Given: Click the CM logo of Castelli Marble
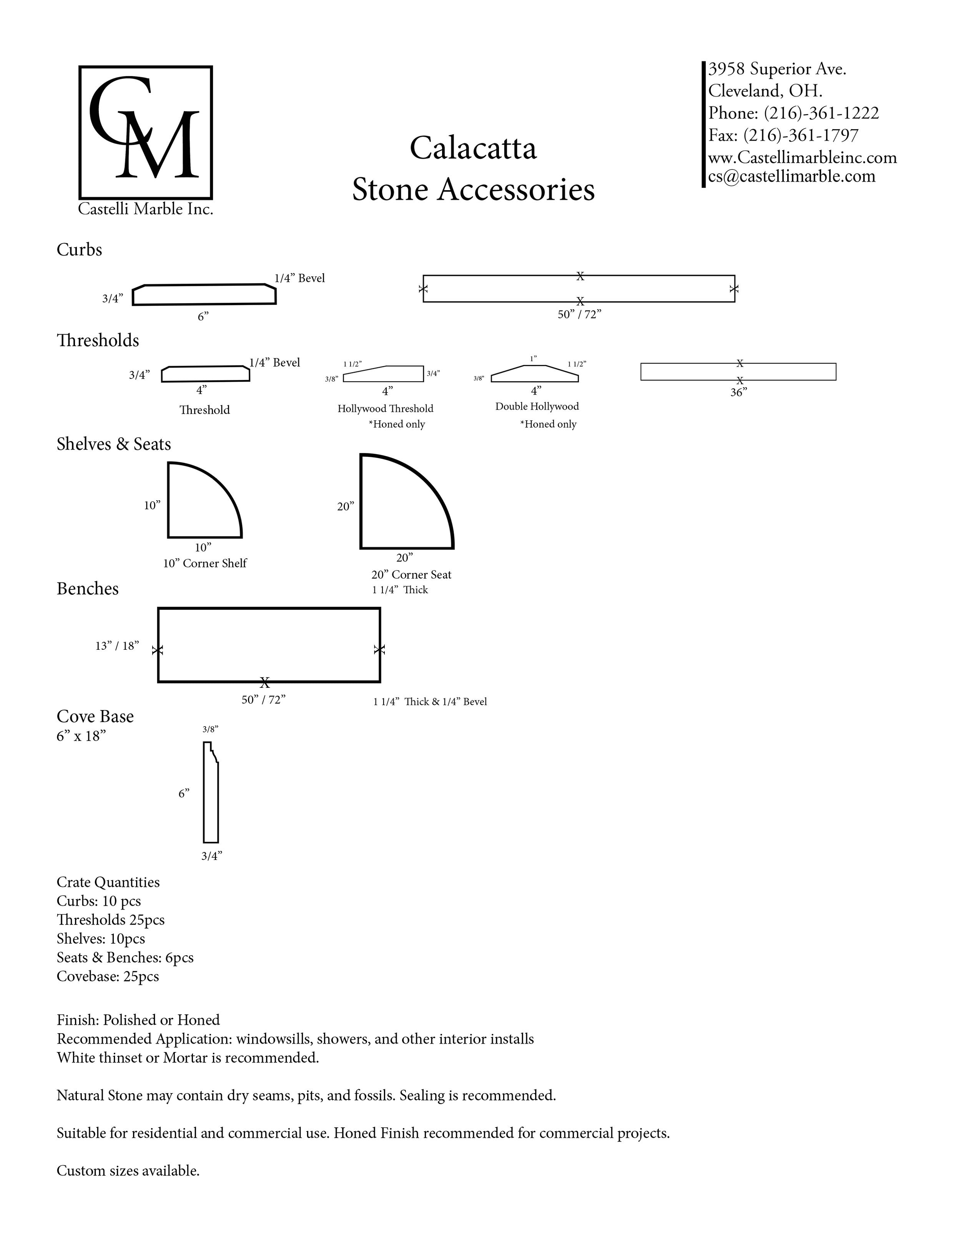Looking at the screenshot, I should click(x=145, y=132).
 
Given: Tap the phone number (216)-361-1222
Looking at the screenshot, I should click(x=821, y=113).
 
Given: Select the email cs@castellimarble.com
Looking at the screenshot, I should click(x=791, y=176).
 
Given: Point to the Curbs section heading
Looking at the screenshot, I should click(x=79, y=250).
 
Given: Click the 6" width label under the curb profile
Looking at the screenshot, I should click(x=203, y=317).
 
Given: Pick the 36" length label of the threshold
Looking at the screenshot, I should click(x=738, y=392).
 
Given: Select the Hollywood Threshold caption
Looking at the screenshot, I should click(x=386, y=409).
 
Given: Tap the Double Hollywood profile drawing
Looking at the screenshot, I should click(x=535, y=373).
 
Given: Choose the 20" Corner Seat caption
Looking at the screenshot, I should click(x=411, y=575).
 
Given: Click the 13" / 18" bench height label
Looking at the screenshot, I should click(x=117, y=646).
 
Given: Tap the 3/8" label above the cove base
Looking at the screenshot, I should click(x=210, y=729).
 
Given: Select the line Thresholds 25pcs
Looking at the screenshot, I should click(x=110, y=920).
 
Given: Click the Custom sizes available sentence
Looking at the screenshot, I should click(x=128, y=1171).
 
